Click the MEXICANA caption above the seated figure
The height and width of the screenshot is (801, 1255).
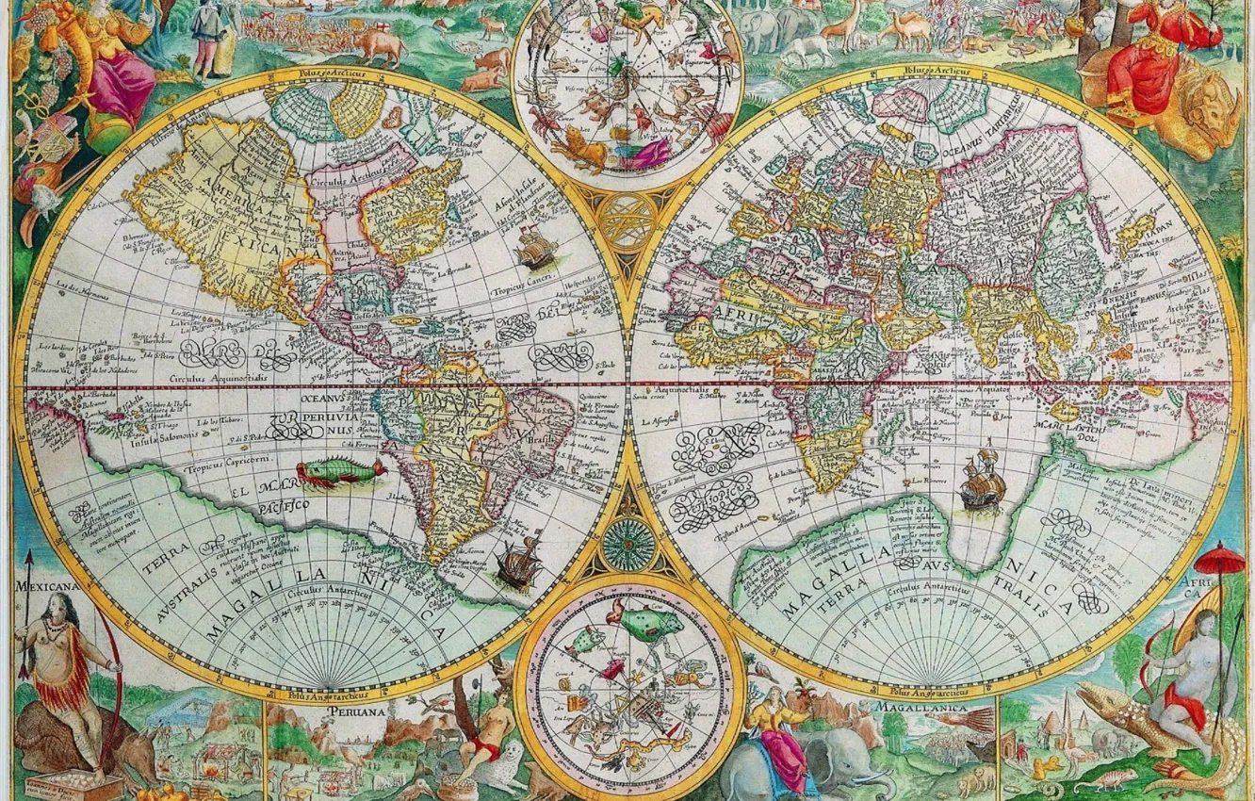(46, 586)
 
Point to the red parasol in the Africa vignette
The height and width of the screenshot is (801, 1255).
(1225, 558)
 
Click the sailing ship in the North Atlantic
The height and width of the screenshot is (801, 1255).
(536, 249)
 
